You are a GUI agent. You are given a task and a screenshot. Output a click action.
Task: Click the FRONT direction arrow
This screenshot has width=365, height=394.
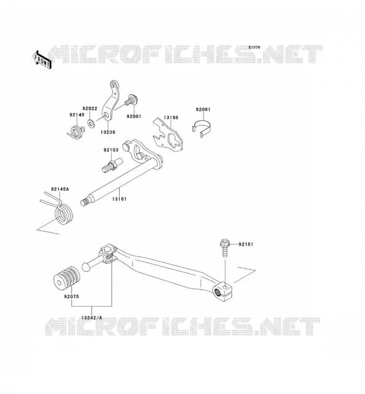pos(42,60)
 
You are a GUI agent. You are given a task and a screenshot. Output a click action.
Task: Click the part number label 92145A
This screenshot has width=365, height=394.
pos(60,189)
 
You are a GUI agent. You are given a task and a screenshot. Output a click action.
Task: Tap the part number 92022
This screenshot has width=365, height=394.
pos(90,108)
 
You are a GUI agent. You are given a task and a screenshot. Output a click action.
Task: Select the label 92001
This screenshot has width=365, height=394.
pos(134,116)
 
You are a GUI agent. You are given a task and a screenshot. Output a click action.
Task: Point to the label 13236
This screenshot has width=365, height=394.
pos(108,132)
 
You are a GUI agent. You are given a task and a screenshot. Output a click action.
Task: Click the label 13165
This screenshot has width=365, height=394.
pos(171,118)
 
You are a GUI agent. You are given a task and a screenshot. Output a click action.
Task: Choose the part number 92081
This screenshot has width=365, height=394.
pos(203,109)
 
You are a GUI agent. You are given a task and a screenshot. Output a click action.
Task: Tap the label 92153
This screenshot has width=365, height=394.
pos(111,150)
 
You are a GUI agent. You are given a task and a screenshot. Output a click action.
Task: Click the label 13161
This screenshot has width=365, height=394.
pos(119,199)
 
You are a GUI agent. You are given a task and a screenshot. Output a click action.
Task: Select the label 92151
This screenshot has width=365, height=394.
pos(246,244)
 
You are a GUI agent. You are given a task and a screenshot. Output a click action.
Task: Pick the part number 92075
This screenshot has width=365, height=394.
pos(71,296)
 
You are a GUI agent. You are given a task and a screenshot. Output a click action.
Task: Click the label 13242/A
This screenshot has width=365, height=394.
pos(91,318)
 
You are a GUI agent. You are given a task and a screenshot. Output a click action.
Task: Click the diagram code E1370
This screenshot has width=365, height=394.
pos(254,47)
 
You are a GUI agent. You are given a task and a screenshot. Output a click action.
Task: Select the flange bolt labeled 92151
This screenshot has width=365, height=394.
pos(225,248)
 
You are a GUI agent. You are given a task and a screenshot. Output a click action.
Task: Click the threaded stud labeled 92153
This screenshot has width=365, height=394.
pos(112,165)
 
